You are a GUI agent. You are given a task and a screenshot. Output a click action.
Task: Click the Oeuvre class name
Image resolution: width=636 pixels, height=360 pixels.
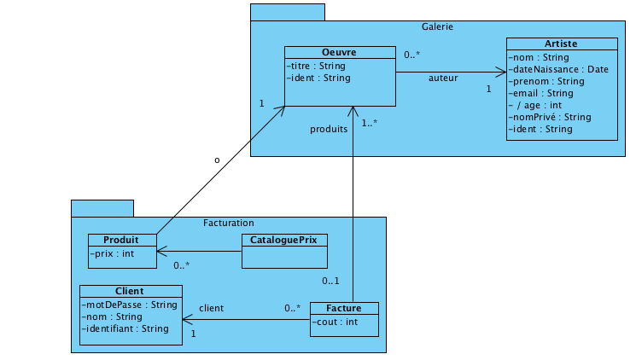click(x=339, y=52)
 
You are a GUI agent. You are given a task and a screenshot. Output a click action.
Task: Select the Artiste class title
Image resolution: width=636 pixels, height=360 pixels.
click(x=561, y=44)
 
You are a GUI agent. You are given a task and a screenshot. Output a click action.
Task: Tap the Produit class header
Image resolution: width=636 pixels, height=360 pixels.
click(x=122, y=240)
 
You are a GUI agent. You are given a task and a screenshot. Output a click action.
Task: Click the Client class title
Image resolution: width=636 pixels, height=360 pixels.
click(x=130, y=291)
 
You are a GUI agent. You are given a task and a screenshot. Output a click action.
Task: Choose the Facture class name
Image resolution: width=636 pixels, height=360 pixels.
click(x=343, y=308)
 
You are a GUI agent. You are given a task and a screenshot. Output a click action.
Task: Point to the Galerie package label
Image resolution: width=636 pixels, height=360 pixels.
click(x=436, y=26)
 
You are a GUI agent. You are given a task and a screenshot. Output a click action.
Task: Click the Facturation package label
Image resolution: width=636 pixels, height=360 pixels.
click(x=228, y=223)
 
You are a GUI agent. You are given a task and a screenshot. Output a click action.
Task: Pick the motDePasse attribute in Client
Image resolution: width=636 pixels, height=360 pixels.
click(x=129, y=305)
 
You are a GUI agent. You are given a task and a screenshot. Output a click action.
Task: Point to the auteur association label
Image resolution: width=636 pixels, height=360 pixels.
click(x=443, y=78)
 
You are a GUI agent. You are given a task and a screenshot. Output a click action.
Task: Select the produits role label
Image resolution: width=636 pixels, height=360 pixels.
click(x=329, y=130)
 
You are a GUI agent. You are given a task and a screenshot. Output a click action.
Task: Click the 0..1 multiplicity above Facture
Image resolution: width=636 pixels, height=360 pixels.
click(x=331, y=281)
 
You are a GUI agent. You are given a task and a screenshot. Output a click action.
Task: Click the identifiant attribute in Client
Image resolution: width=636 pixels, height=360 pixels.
click(x=126, y=328)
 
